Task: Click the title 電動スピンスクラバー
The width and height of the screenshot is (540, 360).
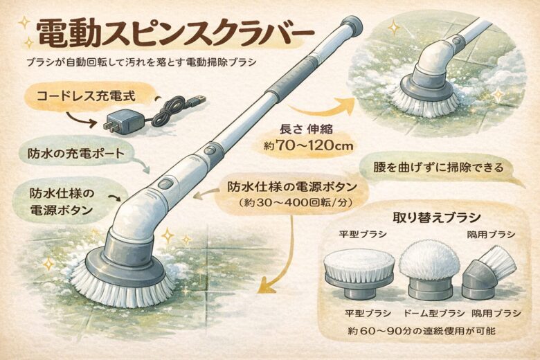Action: coord(175,34)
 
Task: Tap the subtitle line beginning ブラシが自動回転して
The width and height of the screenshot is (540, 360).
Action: coord(141,62)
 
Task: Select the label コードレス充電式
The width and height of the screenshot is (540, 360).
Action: coord(86,96)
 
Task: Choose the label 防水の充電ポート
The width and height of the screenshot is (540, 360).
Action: coord(75,152)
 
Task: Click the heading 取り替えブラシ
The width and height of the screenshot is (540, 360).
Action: coord(437,218)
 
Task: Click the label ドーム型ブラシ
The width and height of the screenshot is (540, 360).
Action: coord(434,313)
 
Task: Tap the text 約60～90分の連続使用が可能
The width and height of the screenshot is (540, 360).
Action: coord(422,331)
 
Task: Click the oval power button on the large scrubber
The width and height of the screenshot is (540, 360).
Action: coord(166,183)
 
